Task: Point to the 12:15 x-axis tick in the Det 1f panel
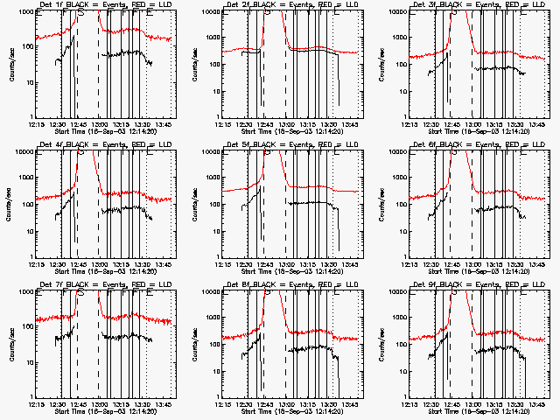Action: click(x=37, y=124)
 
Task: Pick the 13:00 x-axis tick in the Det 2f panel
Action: click(x=287, y=124)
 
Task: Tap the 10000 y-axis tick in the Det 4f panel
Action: click(x=22, y=152)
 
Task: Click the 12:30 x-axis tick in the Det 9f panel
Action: click(x=432, y=404)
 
